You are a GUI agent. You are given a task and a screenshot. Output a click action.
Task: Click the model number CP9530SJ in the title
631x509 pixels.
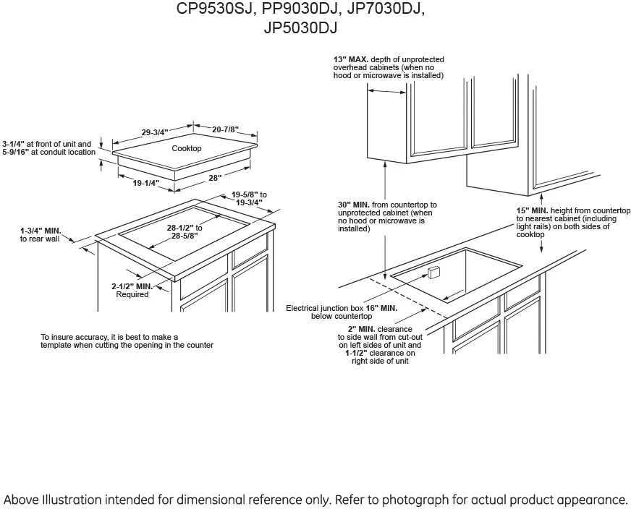(216, 9)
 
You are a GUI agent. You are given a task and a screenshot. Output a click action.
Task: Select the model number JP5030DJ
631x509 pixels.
(300, 27)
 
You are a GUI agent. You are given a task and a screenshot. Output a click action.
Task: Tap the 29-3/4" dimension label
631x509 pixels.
(155, 132)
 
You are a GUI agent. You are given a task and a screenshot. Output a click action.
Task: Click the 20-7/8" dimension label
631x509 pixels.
(225, 129)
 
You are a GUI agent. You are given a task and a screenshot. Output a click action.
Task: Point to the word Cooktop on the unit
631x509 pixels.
(187, 148)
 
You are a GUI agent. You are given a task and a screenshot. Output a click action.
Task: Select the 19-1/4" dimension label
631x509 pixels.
(146, 183)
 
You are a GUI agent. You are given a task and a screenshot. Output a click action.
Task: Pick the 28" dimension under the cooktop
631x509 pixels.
(216, 177)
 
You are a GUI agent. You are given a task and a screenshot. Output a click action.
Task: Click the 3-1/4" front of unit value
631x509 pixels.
(14, 144)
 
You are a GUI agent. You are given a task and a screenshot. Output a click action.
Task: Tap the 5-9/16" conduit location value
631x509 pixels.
(15, 152)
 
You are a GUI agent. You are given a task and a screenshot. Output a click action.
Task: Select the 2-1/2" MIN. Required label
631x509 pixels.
(132, 290)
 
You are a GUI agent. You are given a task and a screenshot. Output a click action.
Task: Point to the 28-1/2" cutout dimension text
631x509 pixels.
(185, 231)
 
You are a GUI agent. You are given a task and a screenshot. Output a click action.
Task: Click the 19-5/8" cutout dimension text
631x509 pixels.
(249, 198)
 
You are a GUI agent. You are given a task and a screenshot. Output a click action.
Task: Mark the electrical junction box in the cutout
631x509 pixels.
(434, 272)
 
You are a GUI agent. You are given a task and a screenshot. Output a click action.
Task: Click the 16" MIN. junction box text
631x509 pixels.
(381, 308)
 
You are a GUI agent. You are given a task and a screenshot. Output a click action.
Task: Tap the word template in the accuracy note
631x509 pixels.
(56, 345)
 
